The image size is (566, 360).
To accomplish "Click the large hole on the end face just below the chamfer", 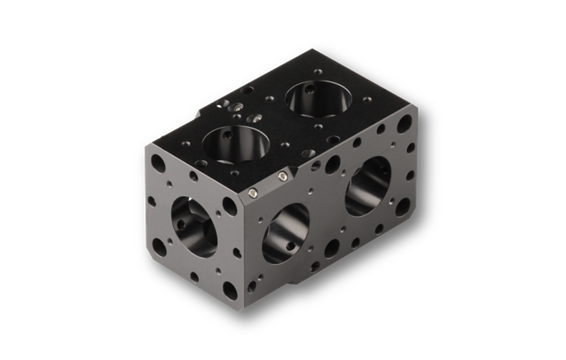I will (229, 207).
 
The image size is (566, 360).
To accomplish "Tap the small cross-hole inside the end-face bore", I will (181, 225).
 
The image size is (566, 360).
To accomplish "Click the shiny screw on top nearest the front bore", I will (255, 118).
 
